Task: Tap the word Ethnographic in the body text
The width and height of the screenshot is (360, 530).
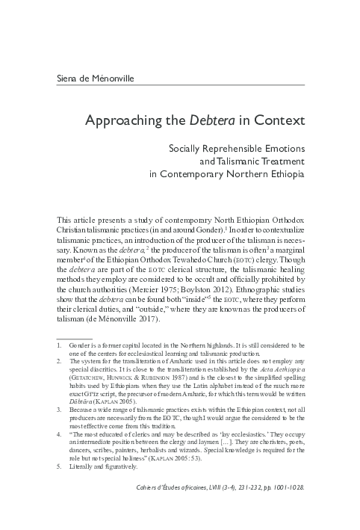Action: pyautogui.click(x=280, y=286)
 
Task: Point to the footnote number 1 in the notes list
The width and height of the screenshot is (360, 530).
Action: pyautogui.click(x=59, y=347)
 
